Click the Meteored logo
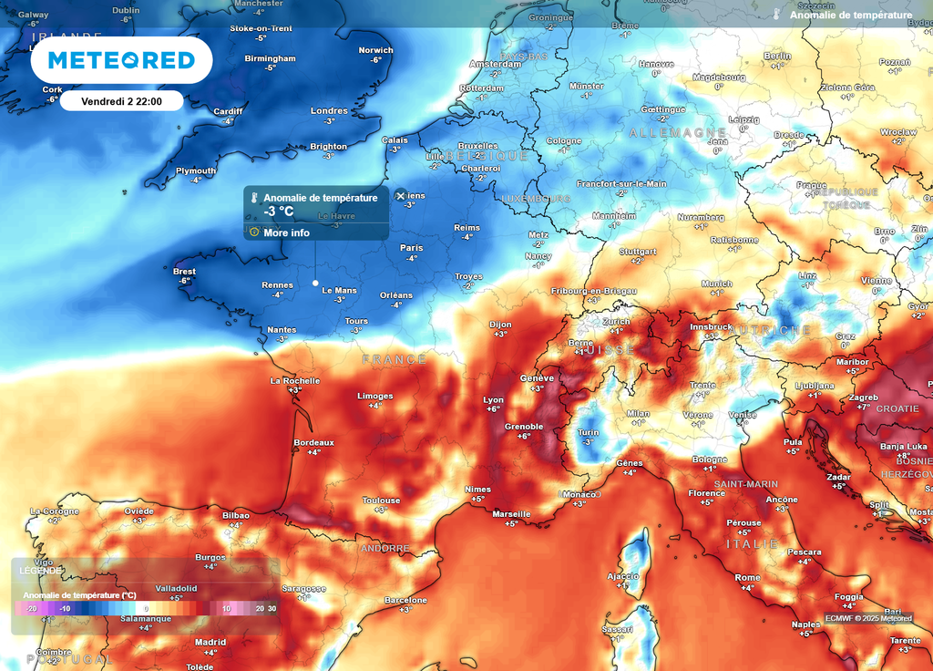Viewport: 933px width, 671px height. pyautogui.click(x=121, y=60)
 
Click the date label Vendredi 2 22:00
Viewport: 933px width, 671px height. pyautogui.click(x=121, y=101)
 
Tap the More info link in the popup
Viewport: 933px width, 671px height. pyautogui.click(x=286, y=232)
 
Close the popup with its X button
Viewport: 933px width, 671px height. pyautogui.click(x=400, y=195)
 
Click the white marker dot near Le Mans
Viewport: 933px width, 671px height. pyautogui.click(x=315, y=283)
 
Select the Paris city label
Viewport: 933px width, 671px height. pyautogui.click(x=412, y=247)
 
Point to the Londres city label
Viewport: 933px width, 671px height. pyautogui.click(x=329, y=111)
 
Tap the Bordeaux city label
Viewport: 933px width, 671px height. pyautogui.click(x=313, y=442)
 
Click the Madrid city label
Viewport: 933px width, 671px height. pyautogui.click(x=210, y=642)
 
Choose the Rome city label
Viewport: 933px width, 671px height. pyautogui.click(x=747, y=577)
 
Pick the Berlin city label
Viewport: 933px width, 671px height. pyautogui.click(x=777, y=56)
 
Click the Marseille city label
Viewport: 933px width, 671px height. pyautogui.click(x=511, y=513)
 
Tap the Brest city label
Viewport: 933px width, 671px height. pyautogui.click(x=184, y=271)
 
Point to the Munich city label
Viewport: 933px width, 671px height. pyautogui.click(x=717, y=284)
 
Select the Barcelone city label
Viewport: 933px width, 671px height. pyautogui.click(x=405, y=600)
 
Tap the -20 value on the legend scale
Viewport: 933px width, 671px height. pyautogui.click(x=32, y=609)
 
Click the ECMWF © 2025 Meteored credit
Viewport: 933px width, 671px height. pyautogui.click(x=868, y=618)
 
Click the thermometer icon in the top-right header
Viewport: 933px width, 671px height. pyautogui.click(x=776, y=15)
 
